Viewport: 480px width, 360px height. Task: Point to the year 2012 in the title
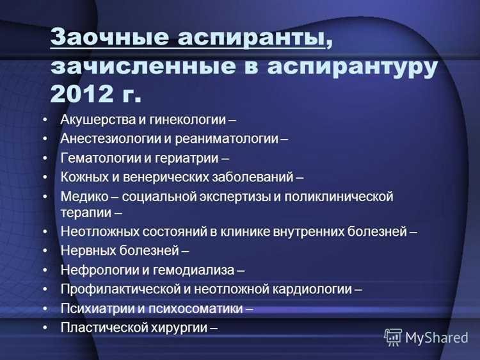click(79, 94)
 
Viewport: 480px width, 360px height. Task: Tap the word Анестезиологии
click(108, 138)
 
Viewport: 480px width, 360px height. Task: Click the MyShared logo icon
click(393, 337)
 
